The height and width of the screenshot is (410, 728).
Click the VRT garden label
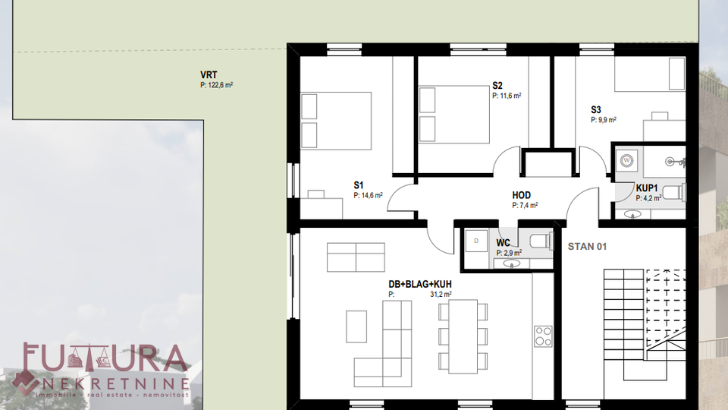click(x=209, y=75)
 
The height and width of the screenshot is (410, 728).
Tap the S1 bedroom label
click(x=359, y=185)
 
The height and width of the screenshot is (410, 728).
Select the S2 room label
click(x=497, y=86)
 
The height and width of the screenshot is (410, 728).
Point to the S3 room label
click(x=596, y=109)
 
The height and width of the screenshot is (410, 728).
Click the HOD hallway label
click(x=522, y=195)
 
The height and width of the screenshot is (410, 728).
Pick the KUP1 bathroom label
click(x=647, y=188)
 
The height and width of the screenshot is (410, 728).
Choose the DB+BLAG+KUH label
click(x=419, y=284)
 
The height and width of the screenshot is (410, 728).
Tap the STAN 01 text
click(x=587, y=247)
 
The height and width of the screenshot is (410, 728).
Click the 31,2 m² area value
click(x=441, y=295)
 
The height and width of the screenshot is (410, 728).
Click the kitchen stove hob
click(x=543, y=336)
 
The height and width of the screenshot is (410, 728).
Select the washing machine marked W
click(x=627, y=161)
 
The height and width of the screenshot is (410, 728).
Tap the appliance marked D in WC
click(x=476, y=241)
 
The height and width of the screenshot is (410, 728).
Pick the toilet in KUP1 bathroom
click(x=673, y=192)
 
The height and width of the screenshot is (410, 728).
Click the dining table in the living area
click(x=463, y=336)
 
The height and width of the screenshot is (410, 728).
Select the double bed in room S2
click(x=454, y=114)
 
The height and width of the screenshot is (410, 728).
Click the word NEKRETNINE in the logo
click(x=115, y=383)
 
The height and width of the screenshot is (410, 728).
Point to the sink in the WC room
click(x=512, y=263)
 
